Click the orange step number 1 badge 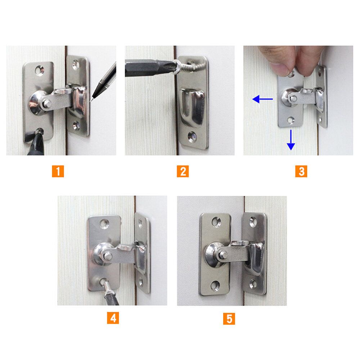pyautogui.click(x=58, y=171)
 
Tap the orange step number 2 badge pyautogui.click(x=183, y=171)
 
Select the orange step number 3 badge pyautogui.click(x=301, y=171)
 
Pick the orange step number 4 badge pyautogui.click(x=113, y=318)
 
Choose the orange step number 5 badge pyautogui.click(x=229, y=319)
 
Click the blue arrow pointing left pyautogui.click(x=262, y=99)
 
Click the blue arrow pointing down pyautogui.click(x=291, y=140)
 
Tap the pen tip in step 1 pyautogui.click(x=91, y=100)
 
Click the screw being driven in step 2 pyautogui.click(x=186, y=66)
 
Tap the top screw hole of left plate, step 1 pyautogui.click(x=40, y=71)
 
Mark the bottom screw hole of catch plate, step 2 pyautogui.click(x=192, y=136)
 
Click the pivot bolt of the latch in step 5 pyautogui.click(x=223, y=255)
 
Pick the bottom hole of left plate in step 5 pyautogui.click(x=215, y=286)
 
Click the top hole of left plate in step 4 pyautogui.click(x=104, y=223)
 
